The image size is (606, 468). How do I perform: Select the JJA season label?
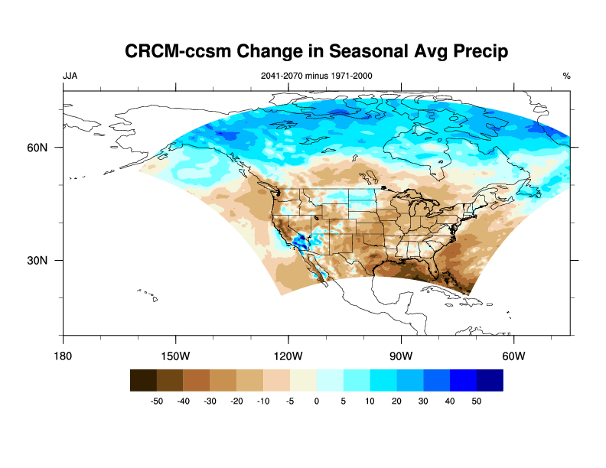[70, 76]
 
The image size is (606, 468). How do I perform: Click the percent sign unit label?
[566, 76]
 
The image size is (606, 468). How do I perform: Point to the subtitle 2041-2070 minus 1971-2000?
[317, 76]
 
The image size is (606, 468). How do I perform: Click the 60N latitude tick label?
[38, 148]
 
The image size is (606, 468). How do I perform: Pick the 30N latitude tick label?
[38, 260]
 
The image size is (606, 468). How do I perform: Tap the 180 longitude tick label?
[63, 356]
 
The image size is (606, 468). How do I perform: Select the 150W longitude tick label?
[175, 356]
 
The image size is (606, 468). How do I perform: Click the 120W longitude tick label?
[288, 356]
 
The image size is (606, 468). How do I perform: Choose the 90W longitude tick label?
[401, 356]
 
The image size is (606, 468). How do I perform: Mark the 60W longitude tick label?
[513, 356]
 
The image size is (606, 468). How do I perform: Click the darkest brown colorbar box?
[143, 380]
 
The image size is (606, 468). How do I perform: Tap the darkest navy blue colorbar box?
[490, 380]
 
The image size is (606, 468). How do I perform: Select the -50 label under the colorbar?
[156, 401]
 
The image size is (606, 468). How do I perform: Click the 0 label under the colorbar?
[317, 401]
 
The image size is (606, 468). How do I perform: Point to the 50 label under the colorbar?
[476, 401]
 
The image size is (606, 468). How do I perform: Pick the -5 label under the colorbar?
[289, 401]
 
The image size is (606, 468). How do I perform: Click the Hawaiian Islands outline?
[148, 294]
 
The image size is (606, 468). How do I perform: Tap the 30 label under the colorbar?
[422, 401]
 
